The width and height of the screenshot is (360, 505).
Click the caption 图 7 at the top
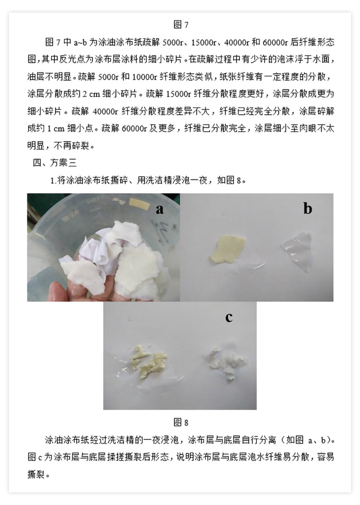coord(181,24)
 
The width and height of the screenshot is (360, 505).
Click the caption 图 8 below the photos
coord(181,422)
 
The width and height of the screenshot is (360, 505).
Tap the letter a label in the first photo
coord(160,210)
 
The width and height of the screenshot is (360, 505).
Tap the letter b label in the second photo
coord(308,208)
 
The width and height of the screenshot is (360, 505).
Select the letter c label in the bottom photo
coord(229,317)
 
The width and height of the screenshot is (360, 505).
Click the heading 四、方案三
coord(55,163)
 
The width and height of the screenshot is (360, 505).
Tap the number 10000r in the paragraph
coord(144,76)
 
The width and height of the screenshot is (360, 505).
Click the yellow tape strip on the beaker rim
coord(139,202)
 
